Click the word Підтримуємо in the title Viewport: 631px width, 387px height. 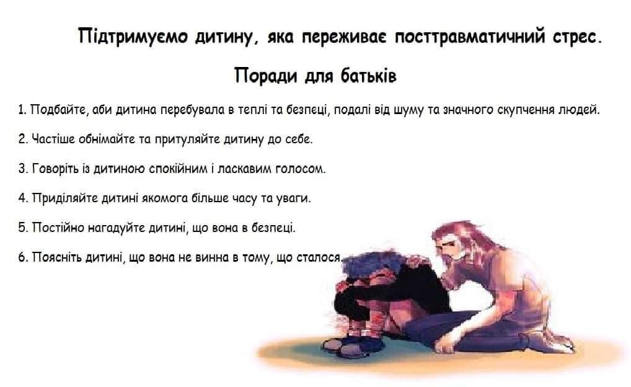tap(133, 37)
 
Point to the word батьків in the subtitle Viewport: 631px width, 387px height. tap(369, 75)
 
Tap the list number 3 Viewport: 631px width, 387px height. tap(22, 168)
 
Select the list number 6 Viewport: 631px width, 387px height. tap(22, 257)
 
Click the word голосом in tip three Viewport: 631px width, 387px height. tap(300, 169)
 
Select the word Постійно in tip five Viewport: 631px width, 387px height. tap(58, 228)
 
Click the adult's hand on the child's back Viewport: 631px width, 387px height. tap(419, 261)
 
